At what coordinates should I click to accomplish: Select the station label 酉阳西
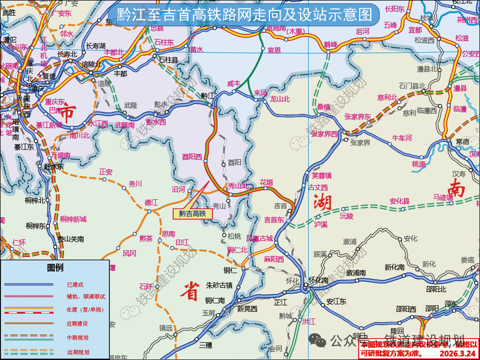(x=192, y=156)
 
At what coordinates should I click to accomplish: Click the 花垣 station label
(x=266, y=182)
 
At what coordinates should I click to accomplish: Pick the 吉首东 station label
(x=274, y=220)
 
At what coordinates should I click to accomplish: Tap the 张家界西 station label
(x=324, y=134)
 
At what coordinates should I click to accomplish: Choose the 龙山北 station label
(x=280, y=99)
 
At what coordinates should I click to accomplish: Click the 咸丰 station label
(x=234, y=83)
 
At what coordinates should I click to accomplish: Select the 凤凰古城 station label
(x=259, y=238)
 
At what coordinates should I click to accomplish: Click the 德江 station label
(x=151, y=202)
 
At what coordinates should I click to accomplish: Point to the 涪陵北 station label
(x=91, y=65)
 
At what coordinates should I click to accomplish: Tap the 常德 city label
(x=462, y=142)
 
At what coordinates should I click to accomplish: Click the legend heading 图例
(x=55, y=268)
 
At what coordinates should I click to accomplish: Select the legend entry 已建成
(x=75, y=285)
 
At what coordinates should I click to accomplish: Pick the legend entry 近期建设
(x=78, y=323)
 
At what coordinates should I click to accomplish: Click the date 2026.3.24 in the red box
(x=458, y=354)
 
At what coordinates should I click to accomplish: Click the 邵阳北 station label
(x=436, y=290)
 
